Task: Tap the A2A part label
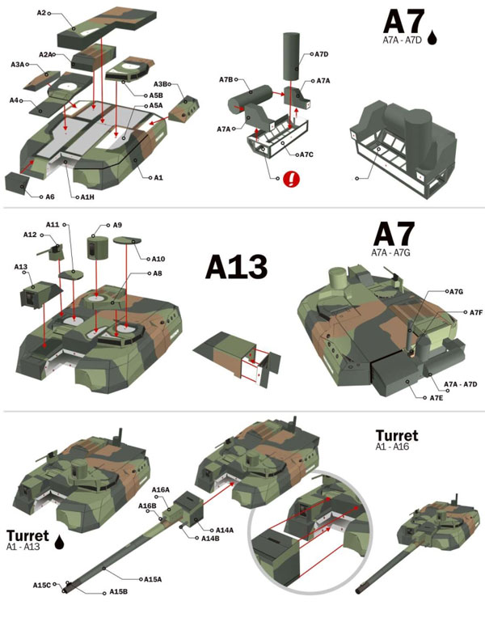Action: [46, 54]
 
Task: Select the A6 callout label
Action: [49, 197]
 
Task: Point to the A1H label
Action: [87, 197]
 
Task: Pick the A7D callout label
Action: [321, 54]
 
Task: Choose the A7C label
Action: [306, 154]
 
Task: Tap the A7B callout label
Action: [226, 79]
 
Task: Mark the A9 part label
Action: [118, 225]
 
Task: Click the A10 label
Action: [158, 259]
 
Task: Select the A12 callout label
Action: [30, 235]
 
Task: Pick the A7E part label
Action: [436, 398]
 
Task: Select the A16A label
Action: [160, 490]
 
